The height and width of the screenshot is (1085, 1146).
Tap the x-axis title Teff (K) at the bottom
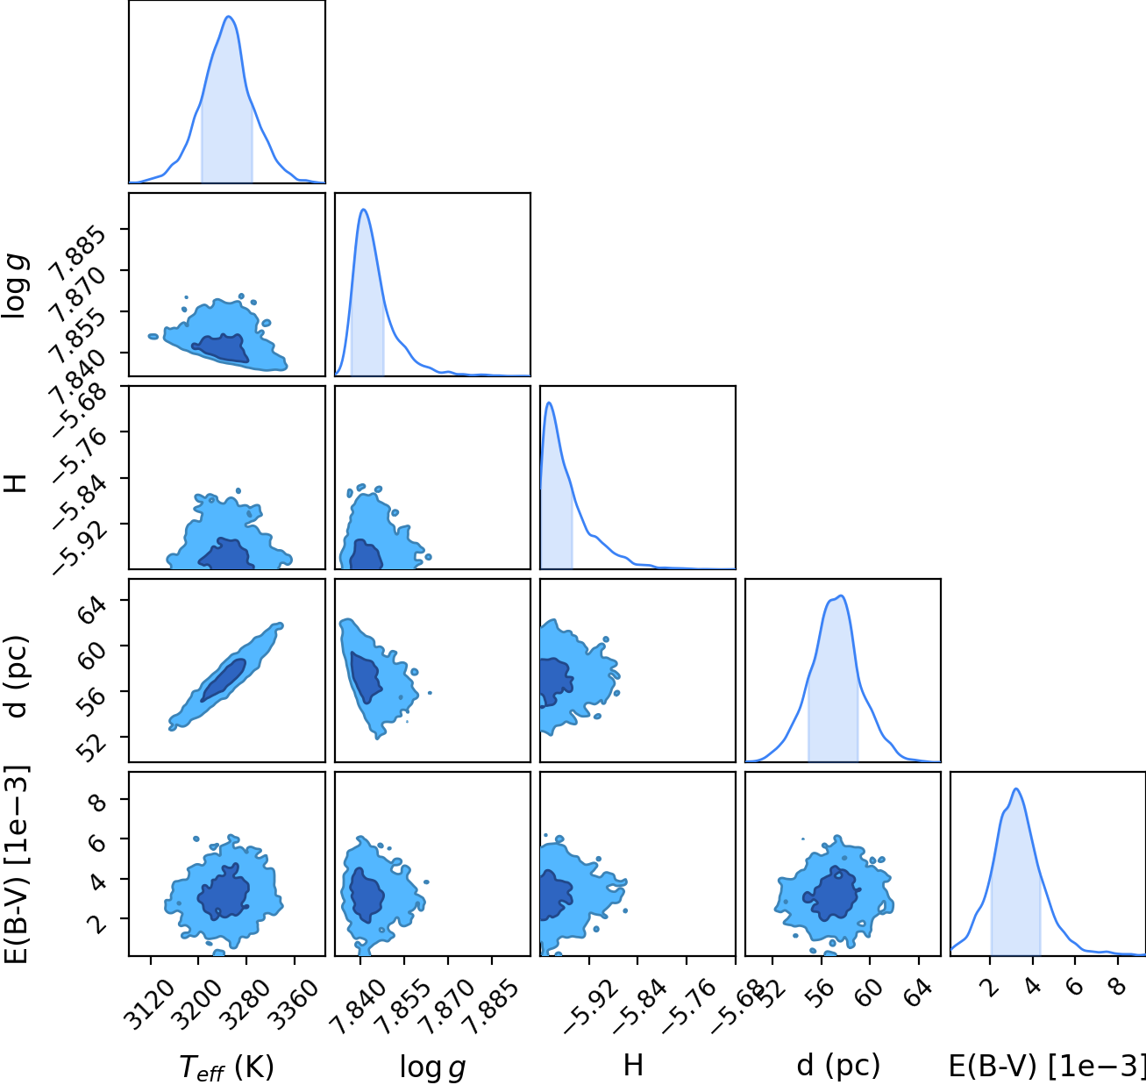coord(226,1067)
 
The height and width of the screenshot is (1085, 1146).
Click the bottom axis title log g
coord(432,1067)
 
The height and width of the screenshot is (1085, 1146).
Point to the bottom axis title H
coord(634,1065)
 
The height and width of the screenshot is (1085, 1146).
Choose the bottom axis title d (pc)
coord(838,1066)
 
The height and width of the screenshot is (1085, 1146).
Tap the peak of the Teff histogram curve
coord(229,17)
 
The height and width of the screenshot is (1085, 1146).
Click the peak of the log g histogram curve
coord(364,209)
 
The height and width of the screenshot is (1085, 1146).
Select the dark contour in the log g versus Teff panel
coord(223,348)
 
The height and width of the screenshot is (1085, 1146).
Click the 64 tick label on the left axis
coord(93,609)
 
